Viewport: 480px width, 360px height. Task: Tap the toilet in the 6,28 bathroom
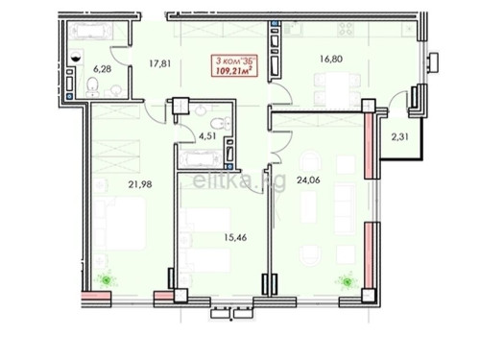(91, 89)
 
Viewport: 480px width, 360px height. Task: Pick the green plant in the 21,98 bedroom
(106, 280)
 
